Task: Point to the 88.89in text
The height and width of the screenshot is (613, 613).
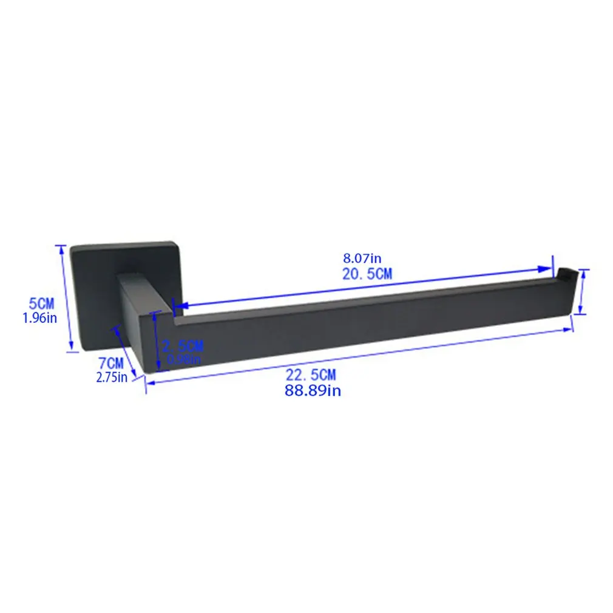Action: tap(313, 391)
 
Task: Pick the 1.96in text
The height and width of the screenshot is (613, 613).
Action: tap(39, 317)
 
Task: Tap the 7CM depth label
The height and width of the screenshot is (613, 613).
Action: tap(111, 364)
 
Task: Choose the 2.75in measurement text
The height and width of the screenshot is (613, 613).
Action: tap(112, 378)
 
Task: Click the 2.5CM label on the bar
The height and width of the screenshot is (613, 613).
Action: tap(183, 347)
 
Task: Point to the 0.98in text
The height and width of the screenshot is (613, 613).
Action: tap(184, 359)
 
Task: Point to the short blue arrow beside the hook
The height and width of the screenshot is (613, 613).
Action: tap(581, 292)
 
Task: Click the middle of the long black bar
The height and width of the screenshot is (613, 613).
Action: tap(364, 322)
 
